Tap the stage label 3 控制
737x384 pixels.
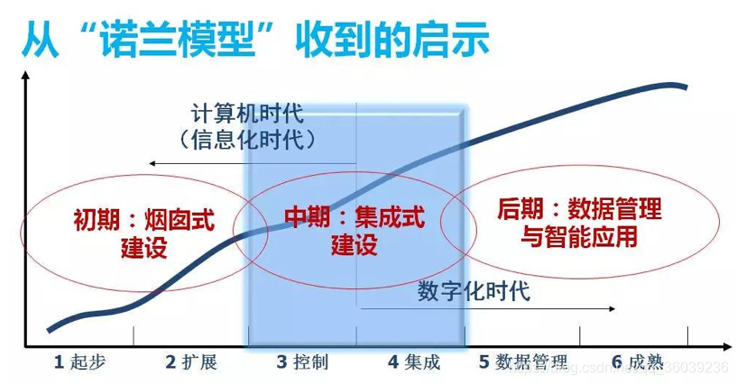point(302,362)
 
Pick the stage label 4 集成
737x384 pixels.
point(414,362)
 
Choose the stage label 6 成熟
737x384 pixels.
point(637,362)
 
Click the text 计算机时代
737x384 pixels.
point(247,114)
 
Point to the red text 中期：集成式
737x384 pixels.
point(354,219)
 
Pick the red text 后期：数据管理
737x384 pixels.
point(578,210)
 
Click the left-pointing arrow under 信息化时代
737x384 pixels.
point(153,164)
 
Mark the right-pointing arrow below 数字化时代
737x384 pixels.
point(614,311)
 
